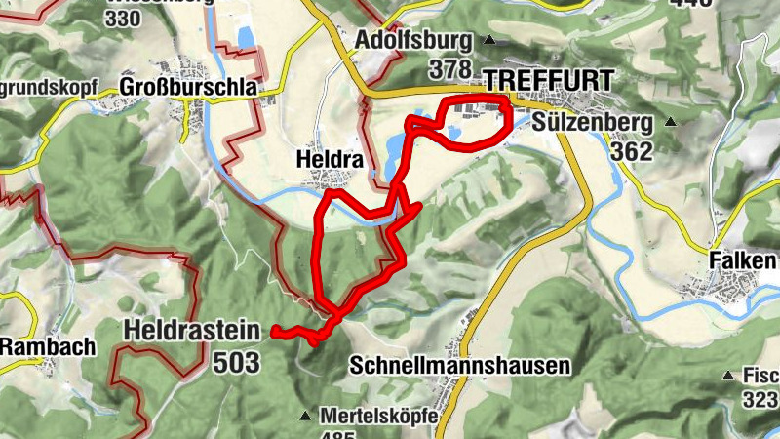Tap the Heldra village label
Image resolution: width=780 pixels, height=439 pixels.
[328, 158]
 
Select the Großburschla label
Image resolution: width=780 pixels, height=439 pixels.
[188, 87]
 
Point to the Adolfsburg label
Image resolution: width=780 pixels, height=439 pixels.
[415, 41]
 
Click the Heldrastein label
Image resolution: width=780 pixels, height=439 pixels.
[192, 331]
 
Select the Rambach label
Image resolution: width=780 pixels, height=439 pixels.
[48, 346]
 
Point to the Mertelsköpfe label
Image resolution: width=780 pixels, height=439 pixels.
[374, 415]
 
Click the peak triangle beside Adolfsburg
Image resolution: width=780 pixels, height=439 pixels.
[490, 41]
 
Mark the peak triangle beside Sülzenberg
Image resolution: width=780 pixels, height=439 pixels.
[671, 122]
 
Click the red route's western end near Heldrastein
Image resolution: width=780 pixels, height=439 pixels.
[274, 332]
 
